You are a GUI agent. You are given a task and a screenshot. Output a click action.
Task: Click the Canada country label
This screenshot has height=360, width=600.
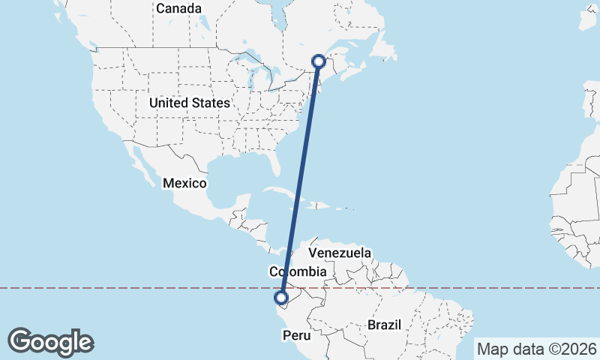point(179,9)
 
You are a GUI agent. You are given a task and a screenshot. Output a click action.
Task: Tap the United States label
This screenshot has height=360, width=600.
point(189,103)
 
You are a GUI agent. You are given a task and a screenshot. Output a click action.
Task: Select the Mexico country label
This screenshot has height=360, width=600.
point(184,183)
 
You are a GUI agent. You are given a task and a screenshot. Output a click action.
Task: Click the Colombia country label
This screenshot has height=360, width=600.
point(298,271)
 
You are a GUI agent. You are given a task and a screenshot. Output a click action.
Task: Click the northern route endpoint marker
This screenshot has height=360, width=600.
point(319,61)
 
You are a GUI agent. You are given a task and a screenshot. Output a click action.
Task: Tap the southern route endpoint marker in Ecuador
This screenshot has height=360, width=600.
point(281,298)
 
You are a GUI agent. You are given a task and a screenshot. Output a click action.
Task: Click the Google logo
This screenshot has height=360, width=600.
point(51,342)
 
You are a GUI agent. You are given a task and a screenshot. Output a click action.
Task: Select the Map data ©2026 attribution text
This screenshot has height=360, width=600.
point(537,349)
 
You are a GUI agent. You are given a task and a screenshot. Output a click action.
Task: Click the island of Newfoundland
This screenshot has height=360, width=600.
point(382,45)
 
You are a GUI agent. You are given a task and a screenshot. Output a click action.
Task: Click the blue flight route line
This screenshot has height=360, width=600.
point(300,180)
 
